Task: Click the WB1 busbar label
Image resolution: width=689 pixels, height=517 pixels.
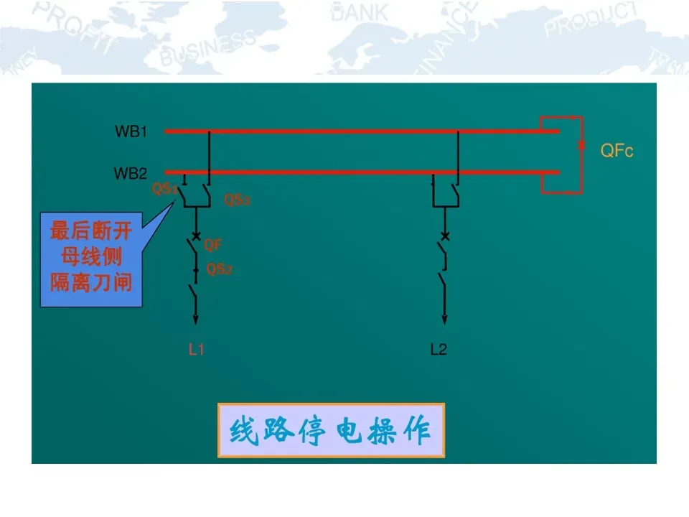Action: point(131,132)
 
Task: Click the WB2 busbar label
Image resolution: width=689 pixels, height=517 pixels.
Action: point(131,174)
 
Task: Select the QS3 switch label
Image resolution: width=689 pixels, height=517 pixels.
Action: point(238,200)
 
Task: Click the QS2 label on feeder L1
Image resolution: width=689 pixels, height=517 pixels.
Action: point(220,270)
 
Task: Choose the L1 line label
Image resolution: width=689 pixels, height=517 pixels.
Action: point(197,350)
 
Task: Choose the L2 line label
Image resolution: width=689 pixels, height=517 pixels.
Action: point(439,350)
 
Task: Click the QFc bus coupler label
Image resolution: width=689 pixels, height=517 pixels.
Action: point(617,151)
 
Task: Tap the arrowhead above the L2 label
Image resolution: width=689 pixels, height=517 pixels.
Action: point(444,319)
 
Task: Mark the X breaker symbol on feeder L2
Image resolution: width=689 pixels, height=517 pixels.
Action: point(445,236)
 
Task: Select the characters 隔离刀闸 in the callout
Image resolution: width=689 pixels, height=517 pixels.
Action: point(90,283)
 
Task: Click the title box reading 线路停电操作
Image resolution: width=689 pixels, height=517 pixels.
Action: point(331,431)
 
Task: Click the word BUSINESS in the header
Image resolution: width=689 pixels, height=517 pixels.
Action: point(208,48)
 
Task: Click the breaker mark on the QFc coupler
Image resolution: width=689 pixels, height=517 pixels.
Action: point(581,146)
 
